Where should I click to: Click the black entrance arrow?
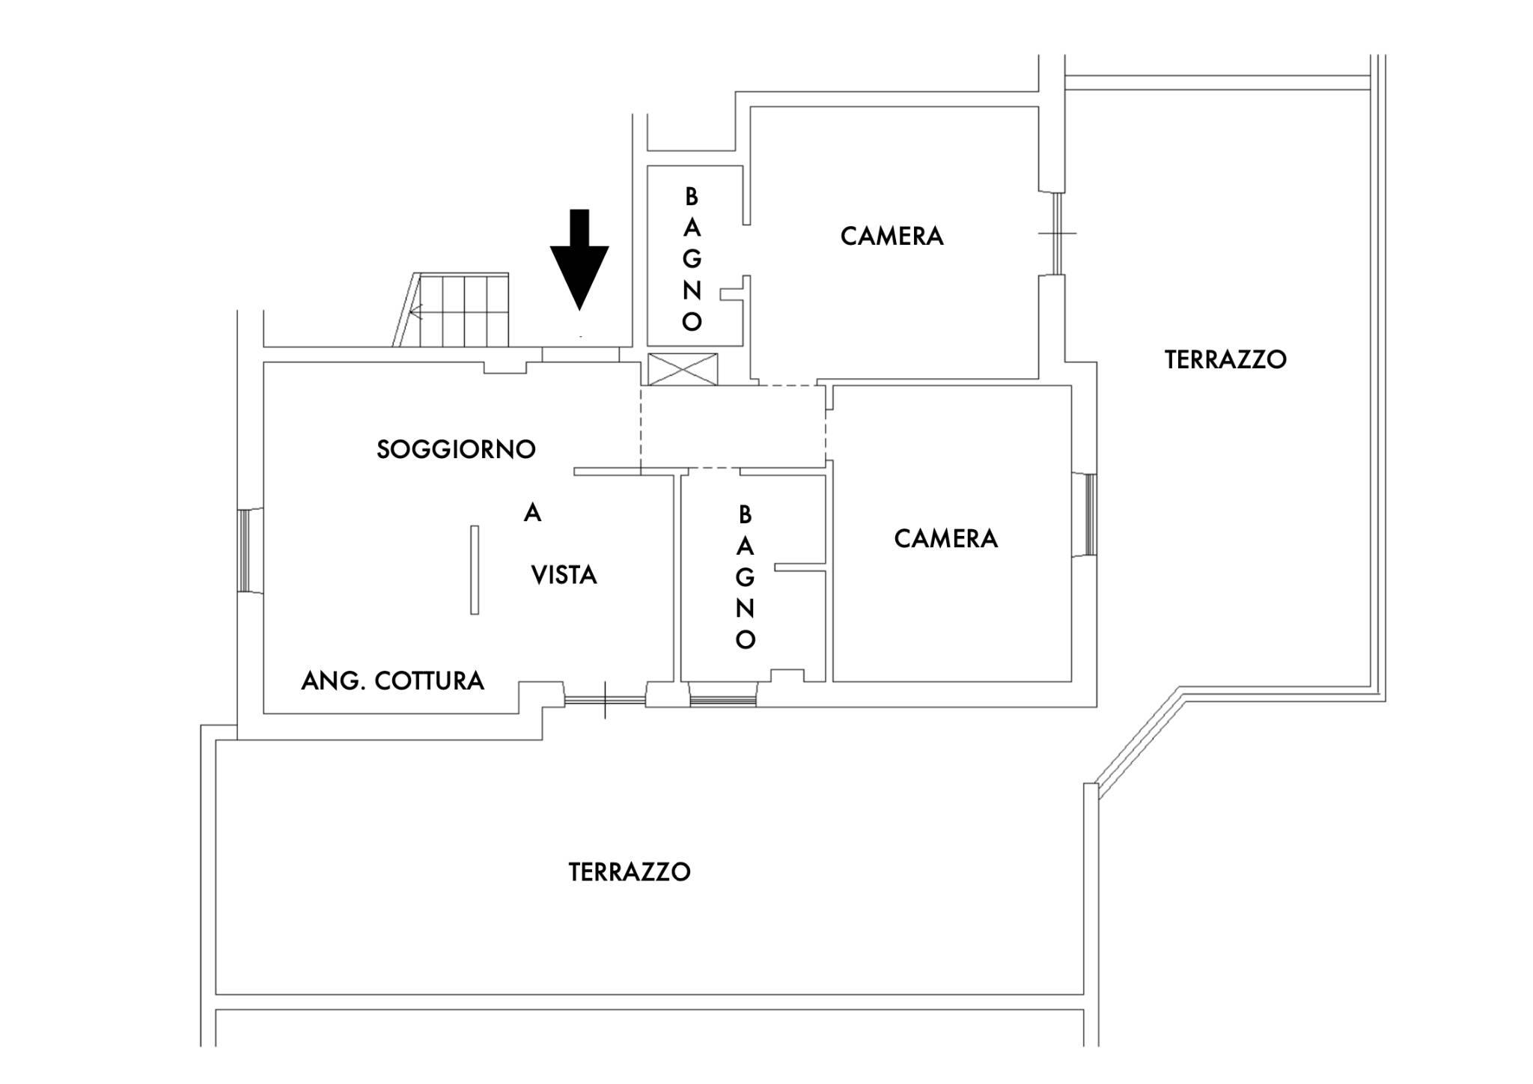(579, 258)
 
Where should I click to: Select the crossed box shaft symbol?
(682, 369)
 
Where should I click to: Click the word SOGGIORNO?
(456, 449)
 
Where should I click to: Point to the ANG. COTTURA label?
(392, 680)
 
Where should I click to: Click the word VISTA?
(564, 575)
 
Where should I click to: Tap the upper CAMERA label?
(892, 237)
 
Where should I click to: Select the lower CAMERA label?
(945, 539)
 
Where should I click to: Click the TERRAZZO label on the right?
(1225, 360)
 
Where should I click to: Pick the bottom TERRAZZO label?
(630, 872)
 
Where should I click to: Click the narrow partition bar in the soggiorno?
(475, 570)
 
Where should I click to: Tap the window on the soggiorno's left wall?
(243, 550)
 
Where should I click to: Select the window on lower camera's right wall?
(1090, 515)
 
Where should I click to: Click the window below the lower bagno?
(722, 701)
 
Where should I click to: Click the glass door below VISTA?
(604, 701)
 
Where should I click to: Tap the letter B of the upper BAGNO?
(692, 197)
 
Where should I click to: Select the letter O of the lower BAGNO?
(745, 640)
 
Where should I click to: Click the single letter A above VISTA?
(532, 513)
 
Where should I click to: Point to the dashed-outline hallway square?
(733, 427)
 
